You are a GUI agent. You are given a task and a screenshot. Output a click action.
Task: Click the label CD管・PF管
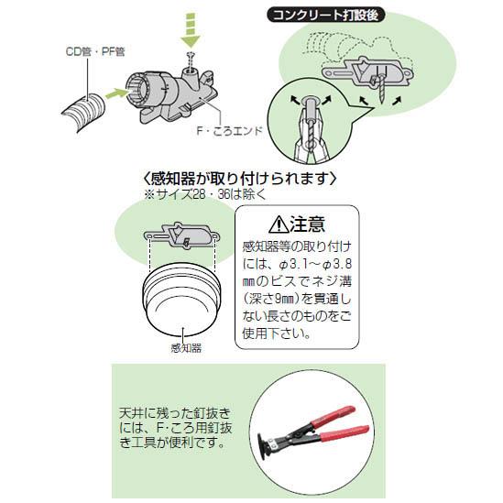(x=95, y=51)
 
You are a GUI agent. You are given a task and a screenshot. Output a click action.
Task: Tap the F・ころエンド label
(x=230, y=131)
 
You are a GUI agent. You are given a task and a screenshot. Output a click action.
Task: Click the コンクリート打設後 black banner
(x=326, y=16)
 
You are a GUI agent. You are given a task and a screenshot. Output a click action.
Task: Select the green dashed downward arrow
(x=191, y=30)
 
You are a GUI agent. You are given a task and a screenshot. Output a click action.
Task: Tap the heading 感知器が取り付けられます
(x=240, y=179)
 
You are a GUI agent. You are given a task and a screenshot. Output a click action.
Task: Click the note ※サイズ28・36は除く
(x=205, y=194)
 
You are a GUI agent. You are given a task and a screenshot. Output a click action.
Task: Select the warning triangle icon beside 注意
(x=279, y=224)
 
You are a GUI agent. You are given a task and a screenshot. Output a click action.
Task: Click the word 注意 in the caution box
(x=308, y=224)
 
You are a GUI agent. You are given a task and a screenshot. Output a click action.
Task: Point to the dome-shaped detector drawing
(x=182, y=300)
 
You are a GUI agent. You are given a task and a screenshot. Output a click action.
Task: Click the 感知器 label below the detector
(x=186, y=348)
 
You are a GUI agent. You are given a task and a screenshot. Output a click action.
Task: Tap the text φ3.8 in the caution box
(x=337, y=265)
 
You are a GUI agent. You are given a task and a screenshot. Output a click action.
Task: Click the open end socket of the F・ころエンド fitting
(x=138, y=87)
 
